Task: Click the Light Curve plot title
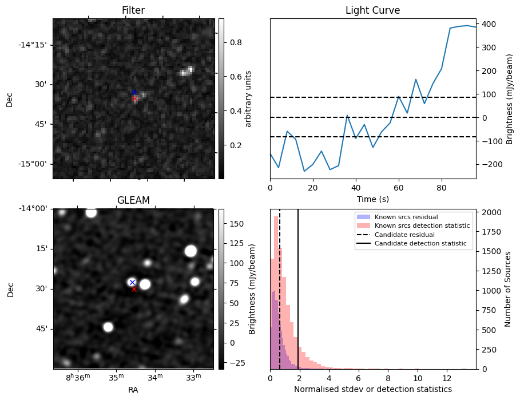[x=372, y=11]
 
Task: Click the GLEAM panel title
[x=133, y=200]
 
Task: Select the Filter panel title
[x=133, y=11]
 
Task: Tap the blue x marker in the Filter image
[x=134, y=92]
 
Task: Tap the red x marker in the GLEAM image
[x=134, y=289]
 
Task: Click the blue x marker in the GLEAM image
[x=132, y=282]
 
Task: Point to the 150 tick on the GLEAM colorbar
[x=235, y=223]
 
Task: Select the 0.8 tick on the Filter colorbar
[x=234, y=42]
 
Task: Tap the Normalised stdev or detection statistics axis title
[x=372, y=389]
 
